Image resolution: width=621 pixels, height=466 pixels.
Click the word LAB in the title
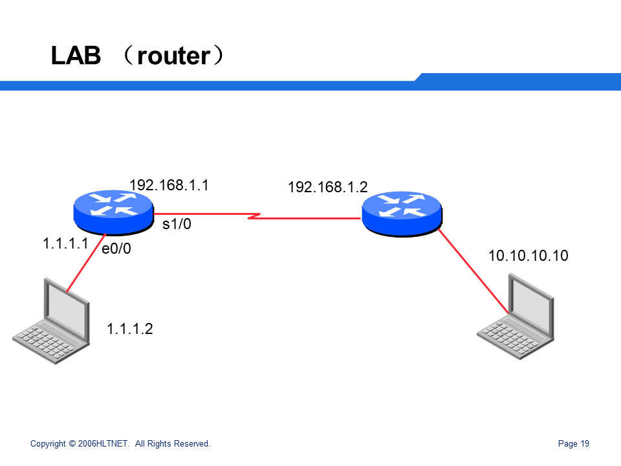point(76,56)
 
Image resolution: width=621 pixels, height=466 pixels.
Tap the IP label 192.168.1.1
point(169,185)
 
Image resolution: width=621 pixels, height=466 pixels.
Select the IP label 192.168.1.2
point(327,188)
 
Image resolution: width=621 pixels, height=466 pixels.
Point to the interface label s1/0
point(177,225)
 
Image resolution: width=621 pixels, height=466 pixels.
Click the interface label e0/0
point(116,249)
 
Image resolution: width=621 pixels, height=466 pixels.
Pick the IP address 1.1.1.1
point(65,244)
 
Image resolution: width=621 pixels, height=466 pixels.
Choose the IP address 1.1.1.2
point(129,329)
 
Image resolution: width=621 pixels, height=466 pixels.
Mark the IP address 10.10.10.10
point(528,256)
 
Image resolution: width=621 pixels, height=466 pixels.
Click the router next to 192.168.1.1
point(113,212)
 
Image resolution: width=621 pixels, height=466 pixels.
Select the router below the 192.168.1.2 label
point(401,212)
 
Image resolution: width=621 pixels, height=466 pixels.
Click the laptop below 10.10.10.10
point(516,317)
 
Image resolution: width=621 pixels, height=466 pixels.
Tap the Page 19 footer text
point(573,444)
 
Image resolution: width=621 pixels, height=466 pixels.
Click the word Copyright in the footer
point(48,444)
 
